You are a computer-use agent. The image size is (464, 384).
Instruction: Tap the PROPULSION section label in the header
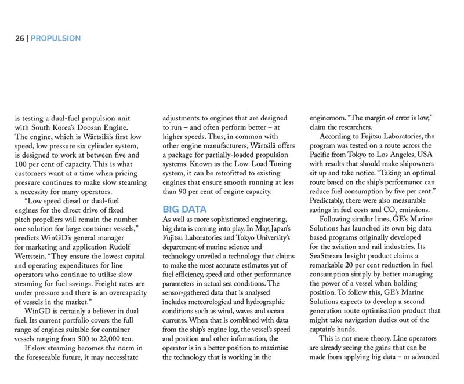tap(55, 38)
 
